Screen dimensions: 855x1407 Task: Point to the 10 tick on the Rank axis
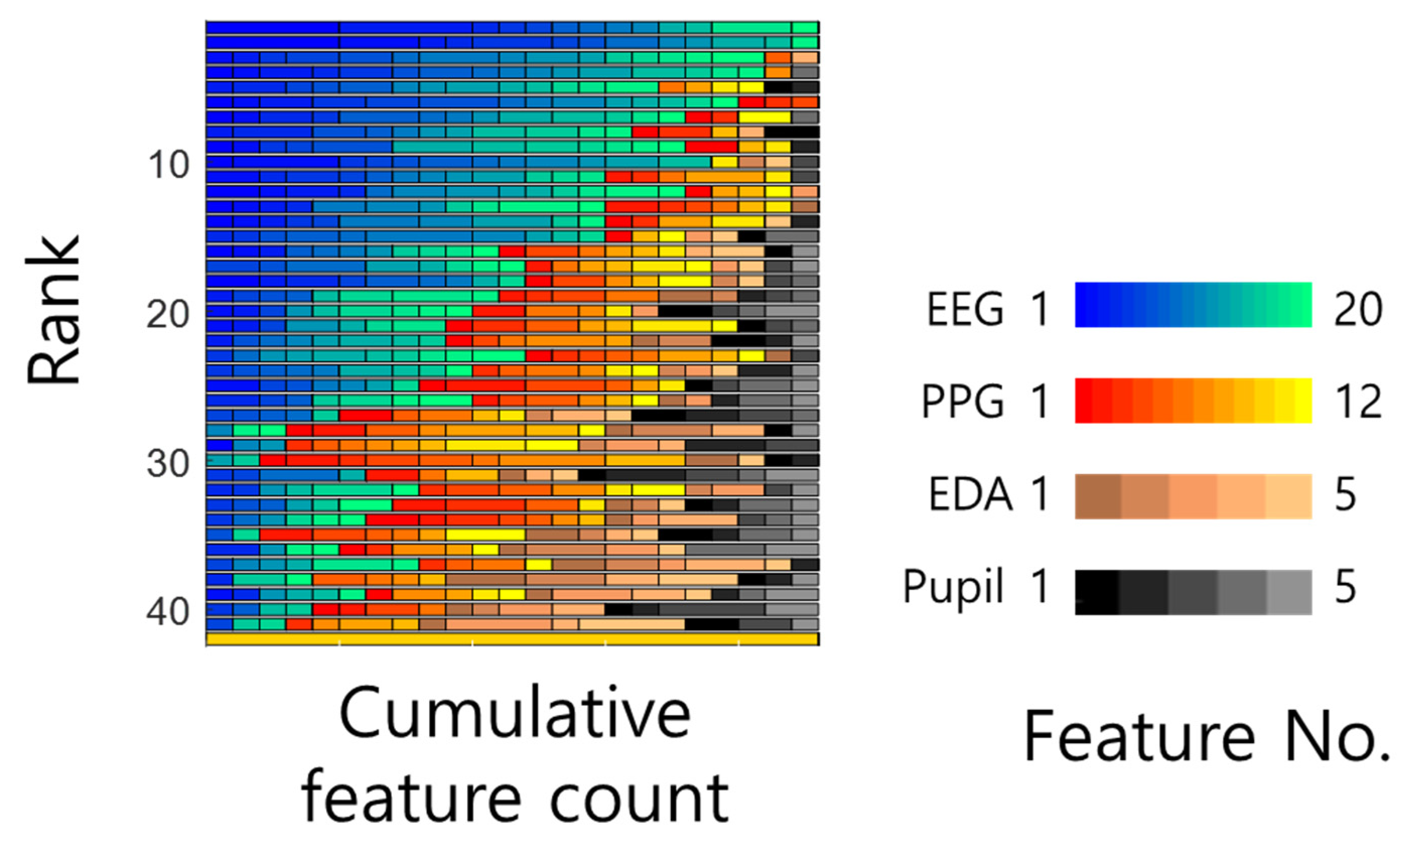click(x=169, y=165)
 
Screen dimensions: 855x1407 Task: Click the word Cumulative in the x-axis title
click(x=515, y=714)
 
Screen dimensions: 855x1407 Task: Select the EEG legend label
click(x=964, y=309)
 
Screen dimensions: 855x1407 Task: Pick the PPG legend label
click(x=963, y=401)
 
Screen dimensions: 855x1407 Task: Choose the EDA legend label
click(x=970, y=494)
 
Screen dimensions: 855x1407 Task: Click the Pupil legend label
click(x=953, y=586)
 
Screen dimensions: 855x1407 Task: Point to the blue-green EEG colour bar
click(x=1193, y=305)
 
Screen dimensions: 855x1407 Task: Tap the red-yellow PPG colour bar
click(x=1193, y=401)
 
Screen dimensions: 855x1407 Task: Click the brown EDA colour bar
click(x=1193, y=496)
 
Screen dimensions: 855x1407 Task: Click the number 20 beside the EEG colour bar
click(x=1358, y=309)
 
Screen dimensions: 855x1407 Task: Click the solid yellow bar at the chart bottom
click(x=512, y=638)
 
